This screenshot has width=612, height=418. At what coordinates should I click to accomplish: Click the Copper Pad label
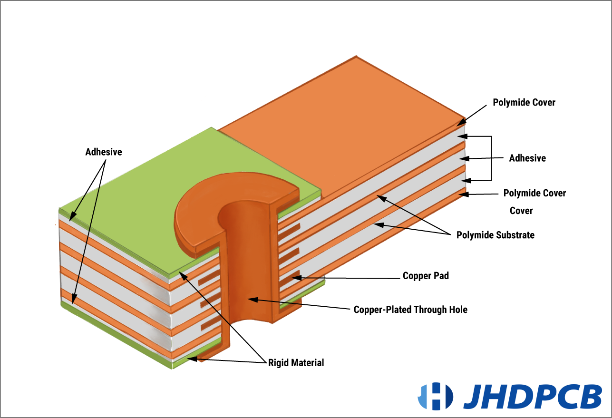(x=426, y=276)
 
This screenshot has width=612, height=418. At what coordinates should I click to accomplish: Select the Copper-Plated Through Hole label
(x=410, y=310)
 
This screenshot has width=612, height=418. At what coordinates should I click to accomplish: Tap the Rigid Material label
(x=296, y=363)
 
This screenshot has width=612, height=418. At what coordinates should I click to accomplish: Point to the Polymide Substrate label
(x=495, y=235)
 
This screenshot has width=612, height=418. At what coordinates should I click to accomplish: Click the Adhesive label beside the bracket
(x=527, y=158)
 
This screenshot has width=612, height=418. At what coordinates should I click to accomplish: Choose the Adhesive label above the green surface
(x=104, y=152)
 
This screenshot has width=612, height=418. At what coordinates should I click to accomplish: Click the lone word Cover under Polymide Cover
(x=521, y=211)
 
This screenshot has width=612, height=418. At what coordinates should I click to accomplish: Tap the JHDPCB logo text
(x=532, y=396)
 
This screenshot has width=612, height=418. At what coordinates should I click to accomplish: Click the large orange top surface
(x=342, y=124)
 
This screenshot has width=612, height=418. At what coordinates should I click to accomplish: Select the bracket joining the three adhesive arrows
(x=490, y=158)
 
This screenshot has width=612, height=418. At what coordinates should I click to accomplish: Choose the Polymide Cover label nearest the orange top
(x=524, y=102)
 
